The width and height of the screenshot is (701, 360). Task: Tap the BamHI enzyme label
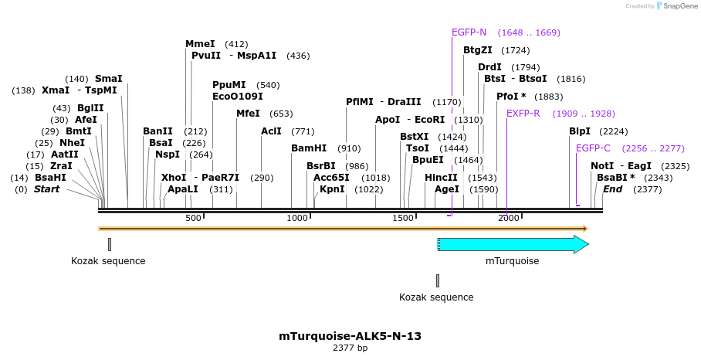(x=308, y=148)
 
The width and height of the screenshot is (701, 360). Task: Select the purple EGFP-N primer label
(x=469, y=32)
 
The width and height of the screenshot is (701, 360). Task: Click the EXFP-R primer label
(x=523, y=114)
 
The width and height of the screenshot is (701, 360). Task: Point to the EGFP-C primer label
(x=593, y=148)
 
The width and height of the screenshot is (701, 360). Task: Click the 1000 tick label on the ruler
(x=298, y=219)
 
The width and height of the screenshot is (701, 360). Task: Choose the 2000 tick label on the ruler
(x=508, y=219)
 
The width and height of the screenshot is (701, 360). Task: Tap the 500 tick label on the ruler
(x=193, y=219)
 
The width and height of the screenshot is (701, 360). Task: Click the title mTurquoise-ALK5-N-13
(x=350, y=336)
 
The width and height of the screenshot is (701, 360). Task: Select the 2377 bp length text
(x=350, y=348)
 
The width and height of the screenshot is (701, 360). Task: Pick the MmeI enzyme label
(x=200, y=44)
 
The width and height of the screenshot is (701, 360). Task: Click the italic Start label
(x=46, y=189)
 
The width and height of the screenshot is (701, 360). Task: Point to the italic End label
(x=612, y=189)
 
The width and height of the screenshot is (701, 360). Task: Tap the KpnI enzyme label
(x=332, y=189)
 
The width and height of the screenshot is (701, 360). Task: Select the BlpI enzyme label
(x=579, y=131)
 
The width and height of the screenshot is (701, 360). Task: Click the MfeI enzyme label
(x=248, y=114)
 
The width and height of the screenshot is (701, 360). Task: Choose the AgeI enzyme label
(x=446, y=189)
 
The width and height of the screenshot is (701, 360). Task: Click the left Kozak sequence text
(x=108, y=261)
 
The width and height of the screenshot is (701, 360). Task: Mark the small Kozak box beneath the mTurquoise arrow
(x=437, y=280)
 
